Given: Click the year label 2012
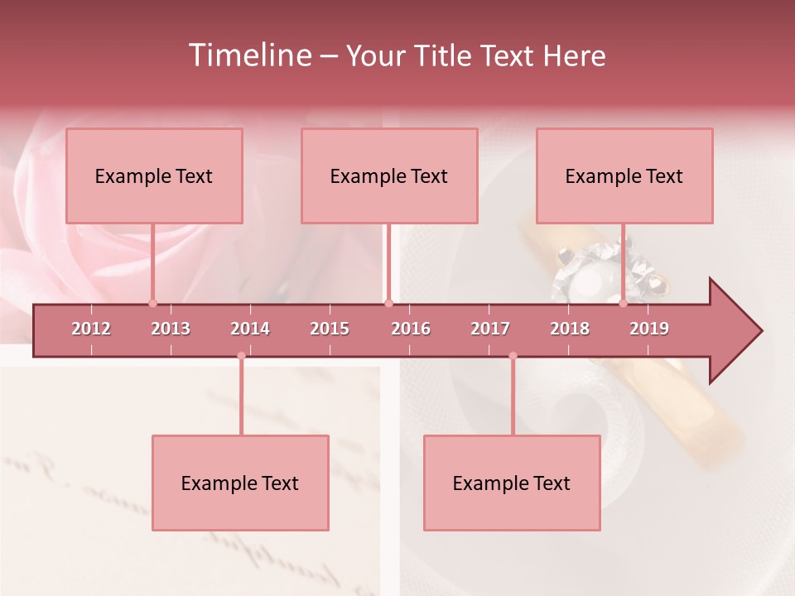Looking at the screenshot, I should pyautogui.click(x=91, y=329).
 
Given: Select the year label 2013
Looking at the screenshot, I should pyautogui.click(x=171, y=329).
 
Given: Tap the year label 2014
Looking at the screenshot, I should pyautogui.click(x=250, y=329).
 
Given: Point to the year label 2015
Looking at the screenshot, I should pyautogui.click(x=330, y=329).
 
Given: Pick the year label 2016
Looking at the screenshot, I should pyautogui.click(x=411, y=329).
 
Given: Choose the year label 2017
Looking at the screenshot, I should pyautogui.click(x=490, y=329).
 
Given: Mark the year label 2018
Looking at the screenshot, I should pyautogui.click(x=570, y=329).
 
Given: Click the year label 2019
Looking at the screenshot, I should pyautogui.click(x=649, y=329).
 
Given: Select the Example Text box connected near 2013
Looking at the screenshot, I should pyautogui.click(x=154, y=175).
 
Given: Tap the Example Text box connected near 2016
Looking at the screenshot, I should pyautogui.click(x=389, y=175).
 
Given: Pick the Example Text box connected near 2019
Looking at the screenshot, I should pyautogui.click(x=624, y=175).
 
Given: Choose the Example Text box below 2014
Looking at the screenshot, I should pyautogui.click(x=240, y=483).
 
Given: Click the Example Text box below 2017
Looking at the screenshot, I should pyautogui.click(x=512, y=483).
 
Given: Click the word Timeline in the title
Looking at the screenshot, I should pyautogui.click(x=249, y=55).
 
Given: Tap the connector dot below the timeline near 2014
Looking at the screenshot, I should pyautogui.click(x=241, y=356).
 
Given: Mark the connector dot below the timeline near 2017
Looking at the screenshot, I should pyautogui.click(x=513, y=356).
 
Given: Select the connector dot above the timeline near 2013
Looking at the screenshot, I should pyautogui.click(x=152, y=303).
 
